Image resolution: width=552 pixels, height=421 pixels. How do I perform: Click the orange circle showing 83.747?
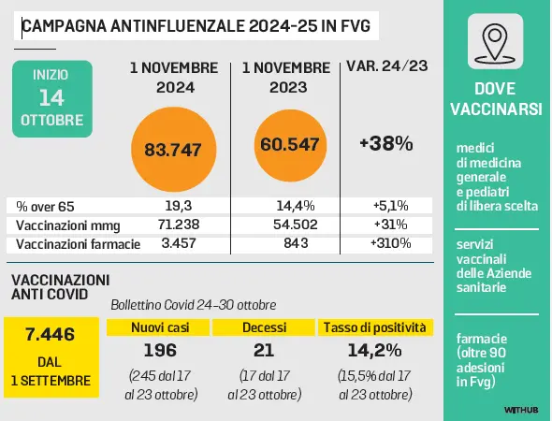(x=174, y=150)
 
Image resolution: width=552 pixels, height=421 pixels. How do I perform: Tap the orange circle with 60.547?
(x=290, y=145)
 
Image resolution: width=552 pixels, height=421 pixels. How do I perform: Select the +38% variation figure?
(x=386, y=144)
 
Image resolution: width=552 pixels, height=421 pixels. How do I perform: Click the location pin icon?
(x=495, y=41)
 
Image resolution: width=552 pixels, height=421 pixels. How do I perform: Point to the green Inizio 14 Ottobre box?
(x=52, y=99)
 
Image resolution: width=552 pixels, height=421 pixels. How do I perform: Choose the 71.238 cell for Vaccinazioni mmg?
(x=179, y=225)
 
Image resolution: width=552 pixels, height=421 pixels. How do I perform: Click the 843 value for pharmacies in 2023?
(x=296, y=243)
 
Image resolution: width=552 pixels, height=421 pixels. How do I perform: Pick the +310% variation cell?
(x=390, y=243)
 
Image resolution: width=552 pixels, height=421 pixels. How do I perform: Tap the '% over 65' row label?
(x=45, y=206)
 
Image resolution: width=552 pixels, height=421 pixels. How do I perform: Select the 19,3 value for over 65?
(x=179, y=206)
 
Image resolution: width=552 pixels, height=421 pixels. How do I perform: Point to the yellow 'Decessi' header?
(x=264, y=327)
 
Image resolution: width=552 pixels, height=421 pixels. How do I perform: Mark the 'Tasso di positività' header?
(x=375, y=327)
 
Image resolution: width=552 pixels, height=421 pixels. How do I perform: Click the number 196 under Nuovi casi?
(x=160, y=350)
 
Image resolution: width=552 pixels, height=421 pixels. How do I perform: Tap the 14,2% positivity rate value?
(x=374, y=350)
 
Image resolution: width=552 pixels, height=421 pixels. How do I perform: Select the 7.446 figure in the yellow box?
(x=50, y=334)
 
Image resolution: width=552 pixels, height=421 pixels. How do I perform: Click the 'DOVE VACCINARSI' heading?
(x=496, y=99)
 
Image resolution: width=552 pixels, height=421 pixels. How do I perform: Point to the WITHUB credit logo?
(x=521, y=410)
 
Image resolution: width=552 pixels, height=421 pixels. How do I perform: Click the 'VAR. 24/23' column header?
(x=387, y=65)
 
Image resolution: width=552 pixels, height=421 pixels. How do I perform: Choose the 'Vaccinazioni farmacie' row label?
(x=79, y=244)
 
